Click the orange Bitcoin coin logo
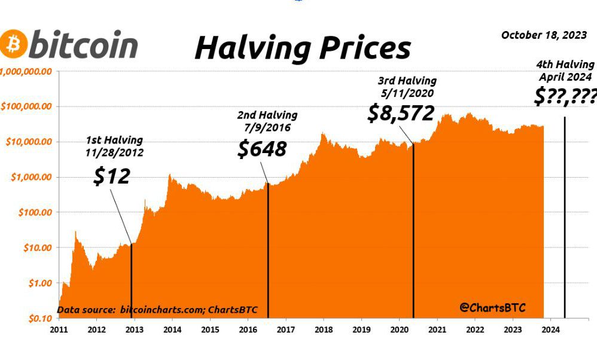14,44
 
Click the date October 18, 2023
544,35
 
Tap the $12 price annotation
112,176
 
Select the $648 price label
262,149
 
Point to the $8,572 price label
401,113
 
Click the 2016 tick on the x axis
248,330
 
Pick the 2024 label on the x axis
550,330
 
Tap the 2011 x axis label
59,330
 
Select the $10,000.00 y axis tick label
29,142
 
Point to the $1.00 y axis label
40,283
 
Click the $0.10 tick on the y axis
40,319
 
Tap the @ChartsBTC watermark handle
492,307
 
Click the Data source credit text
157,310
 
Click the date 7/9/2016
267,127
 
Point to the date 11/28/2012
114,152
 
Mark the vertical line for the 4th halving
565,217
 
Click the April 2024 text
565,77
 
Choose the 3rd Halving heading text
407,81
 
